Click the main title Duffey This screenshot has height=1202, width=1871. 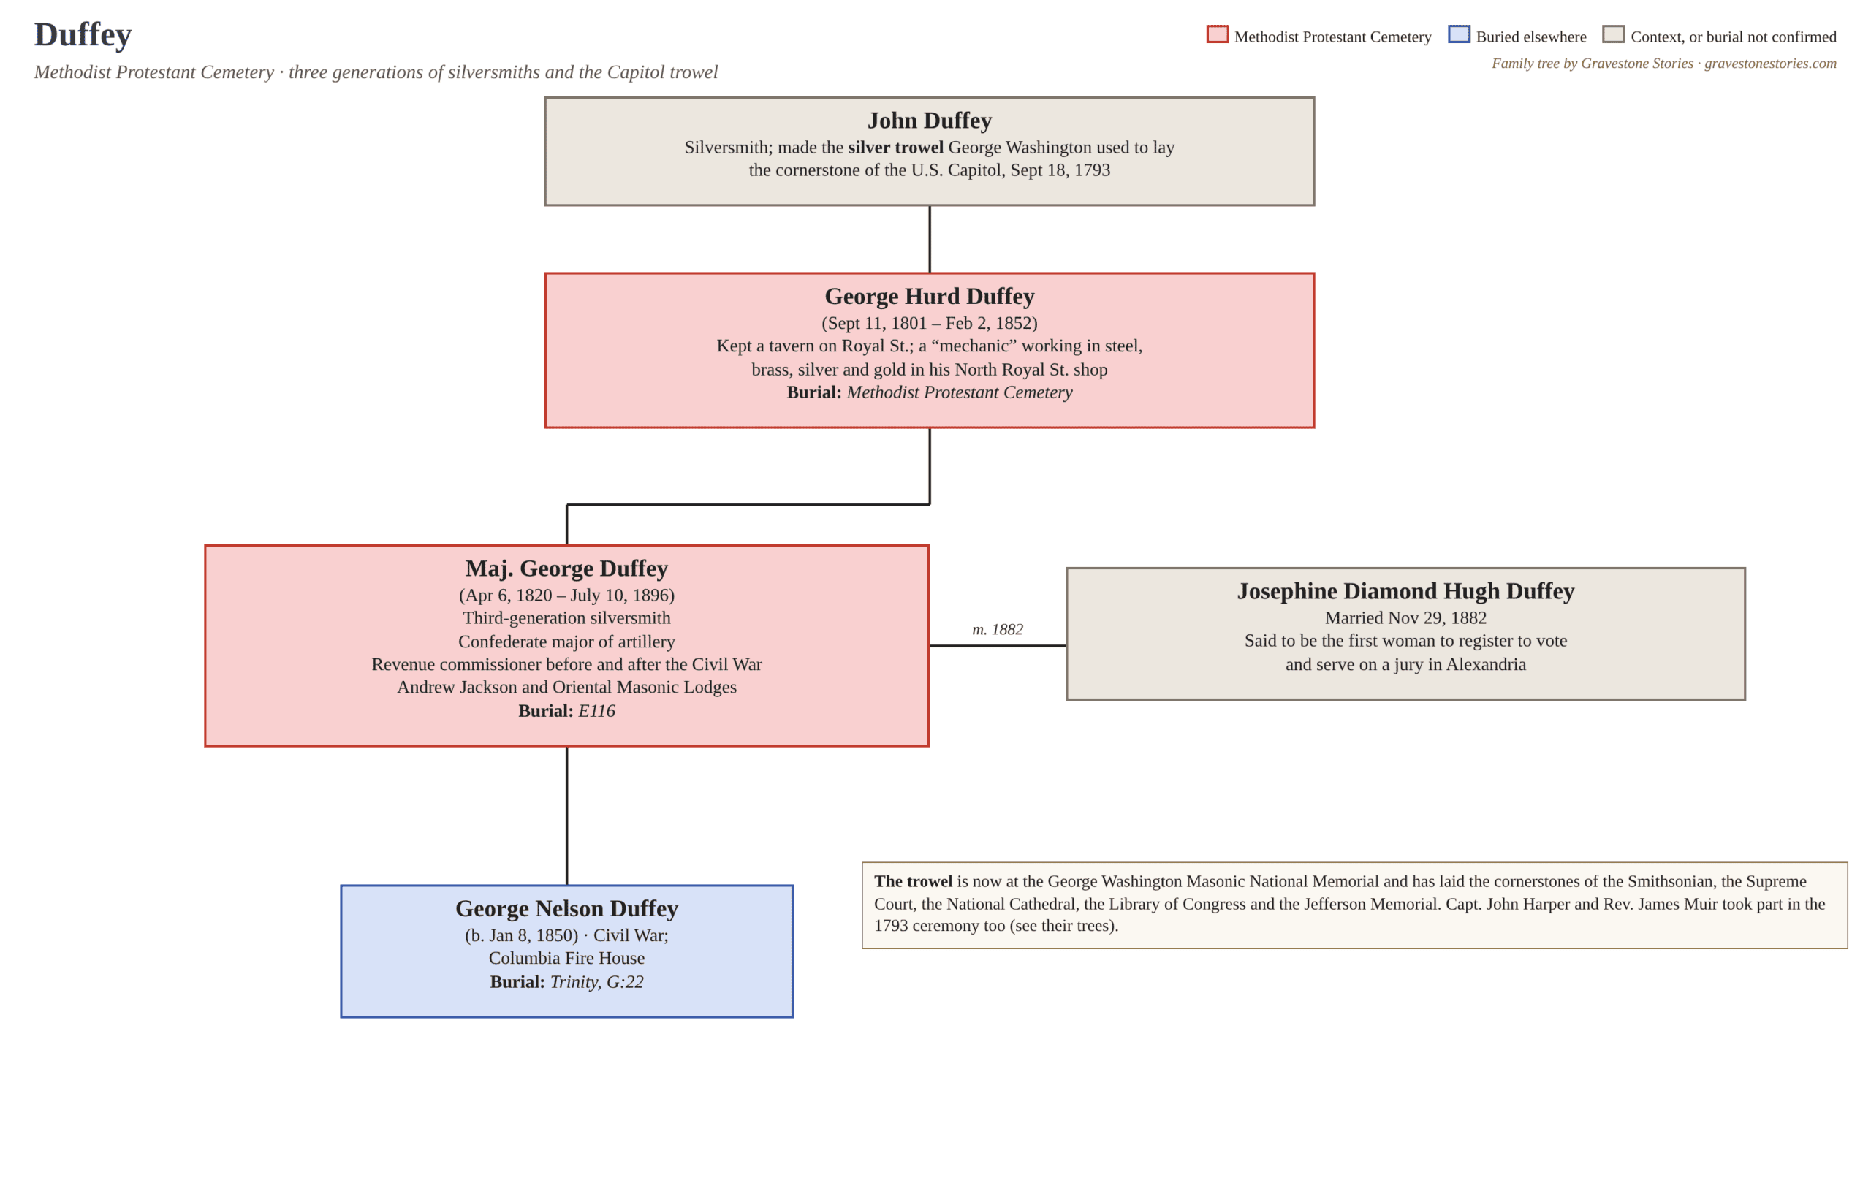[83, 35]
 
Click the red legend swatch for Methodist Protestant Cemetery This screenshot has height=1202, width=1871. [1217, 34]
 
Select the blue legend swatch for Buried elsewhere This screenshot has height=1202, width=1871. [1458, 34]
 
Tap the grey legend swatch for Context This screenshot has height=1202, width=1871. [1612, 34]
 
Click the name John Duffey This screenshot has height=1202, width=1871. [929, 120]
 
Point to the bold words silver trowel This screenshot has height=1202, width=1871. [895, 148]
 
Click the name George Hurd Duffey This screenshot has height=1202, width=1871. [929, 296]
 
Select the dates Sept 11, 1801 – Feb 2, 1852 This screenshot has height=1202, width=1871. [929, 323]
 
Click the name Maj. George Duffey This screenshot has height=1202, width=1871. [566, 568]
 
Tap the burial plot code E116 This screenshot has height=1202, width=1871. [596, 711]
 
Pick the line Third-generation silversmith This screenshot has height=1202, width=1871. [566, 618]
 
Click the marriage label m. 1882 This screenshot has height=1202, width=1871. [997, 629]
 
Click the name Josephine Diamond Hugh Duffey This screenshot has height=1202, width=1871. [1405, 591]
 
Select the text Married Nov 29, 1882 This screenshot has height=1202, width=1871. [1405, 618]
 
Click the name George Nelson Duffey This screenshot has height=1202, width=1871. [566, 908]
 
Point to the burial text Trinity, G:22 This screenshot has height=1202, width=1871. [596, 982]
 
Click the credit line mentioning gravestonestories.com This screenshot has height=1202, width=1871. [1663, 64]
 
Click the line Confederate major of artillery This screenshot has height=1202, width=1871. [566, 642]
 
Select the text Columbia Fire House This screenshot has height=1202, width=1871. [566, 959]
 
